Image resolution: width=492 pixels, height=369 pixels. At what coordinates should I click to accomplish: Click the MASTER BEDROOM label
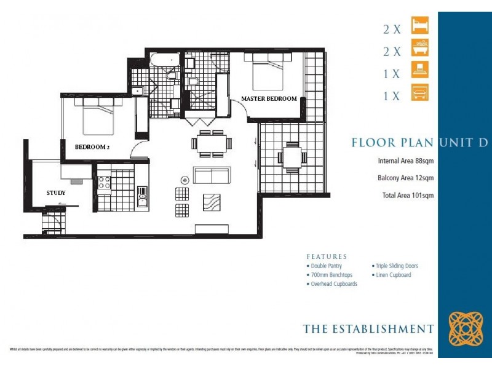269,98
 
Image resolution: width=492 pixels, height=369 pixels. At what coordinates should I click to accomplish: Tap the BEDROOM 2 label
93,147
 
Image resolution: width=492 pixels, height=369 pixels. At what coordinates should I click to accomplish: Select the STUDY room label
55,193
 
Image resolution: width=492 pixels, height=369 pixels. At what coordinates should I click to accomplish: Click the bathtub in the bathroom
164,61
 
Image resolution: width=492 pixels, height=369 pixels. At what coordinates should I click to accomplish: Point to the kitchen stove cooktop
104,182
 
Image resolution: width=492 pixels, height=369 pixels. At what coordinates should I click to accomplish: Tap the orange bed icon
420,26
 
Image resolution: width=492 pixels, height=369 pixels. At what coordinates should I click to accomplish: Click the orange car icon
420,93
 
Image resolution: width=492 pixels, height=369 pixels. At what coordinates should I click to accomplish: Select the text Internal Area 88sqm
406,162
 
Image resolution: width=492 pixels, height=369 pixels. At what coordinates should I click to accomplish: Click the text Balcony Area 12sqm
406,178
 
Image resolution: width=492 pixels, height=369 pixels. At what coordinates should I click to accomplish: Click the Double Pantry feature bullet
325,266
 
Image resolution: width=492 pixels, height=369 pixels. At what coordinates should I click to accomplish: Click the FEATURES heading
327,256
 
